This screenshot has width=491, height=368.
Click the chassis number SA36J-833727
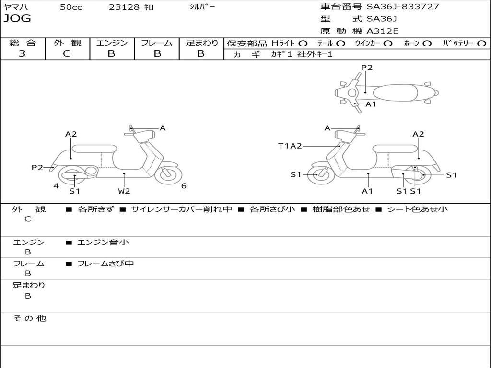coord(403,7)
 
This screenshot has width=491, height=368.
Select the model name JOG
coord(17,19)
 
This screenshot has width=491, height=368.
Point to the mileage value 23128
coord(125,7)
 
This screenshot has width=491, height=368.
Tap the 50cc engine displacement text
coord(71,7)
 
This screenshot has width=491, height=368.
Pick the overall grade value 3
coord(22,54)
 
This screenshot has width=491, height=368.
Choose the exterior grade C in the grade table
coord(67,54)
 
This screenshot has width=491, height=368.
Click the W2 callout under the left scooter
coord(124,191)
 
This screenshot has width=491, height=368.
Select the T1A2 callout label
coord(290,146)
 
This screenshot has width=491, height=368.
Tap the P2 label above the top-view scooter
coord(367,68)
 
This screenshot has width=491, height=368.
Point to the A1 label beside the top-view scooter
coord(371,104)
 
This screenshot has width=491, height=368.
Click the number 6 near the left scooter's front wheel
coord(184,186)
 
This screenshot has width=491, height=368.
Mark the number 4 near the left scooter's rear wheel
coord(56,186)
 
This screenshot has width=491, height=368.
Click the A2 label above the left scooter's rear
coord(71,134)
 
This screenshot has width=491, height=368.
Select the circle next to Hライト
coord(303,43)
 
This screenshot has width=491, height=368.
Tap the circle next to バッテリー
coord(481,43)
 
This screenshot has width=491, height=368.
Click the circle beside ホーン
coord(427,43)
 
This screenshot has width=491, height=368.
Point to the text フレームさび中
coord(105,264)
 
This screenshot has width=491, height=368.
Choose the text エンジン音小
coord(103,242)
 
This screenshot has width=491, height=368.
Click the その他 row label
coord(29,318)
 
